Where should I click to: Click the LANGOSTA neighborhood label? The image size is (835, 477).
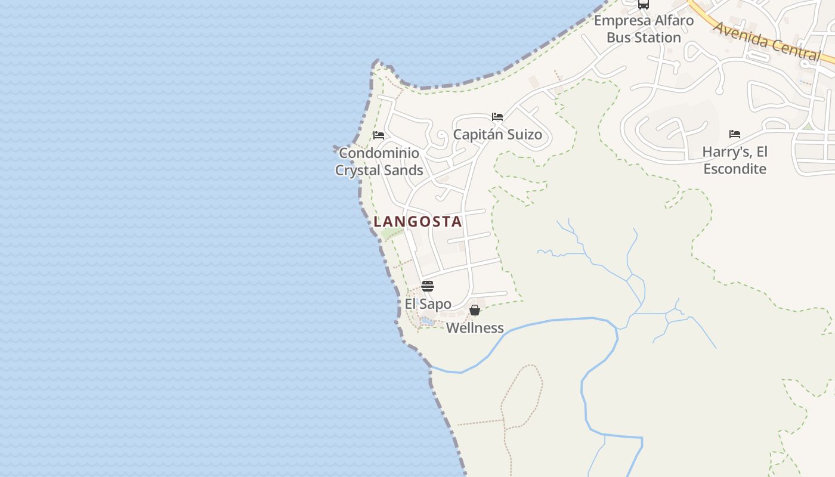pos(417,222)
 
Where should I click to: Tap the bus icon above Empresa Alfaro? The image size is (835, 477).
pos(643,4)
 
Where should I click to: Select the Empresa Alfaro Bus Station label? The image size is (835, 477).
pos(644,29)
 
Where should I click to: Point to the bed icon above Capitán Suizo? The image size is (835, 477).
pos(497,117)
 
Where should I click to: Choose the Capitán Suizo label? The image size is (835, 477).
pos(497,134)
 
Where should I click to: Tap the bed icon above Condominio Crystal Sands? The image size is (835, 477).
pos(378,135)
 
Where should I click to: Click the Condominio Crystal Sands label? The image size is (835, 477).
pos(379,162)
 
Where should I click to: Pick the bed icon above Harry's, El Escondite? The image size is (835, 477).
pos(734,134)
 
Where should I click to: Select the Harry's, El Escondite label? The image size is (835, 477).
pos(735,160)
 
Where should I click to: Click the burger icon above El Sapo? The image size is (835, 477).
pos(428,286)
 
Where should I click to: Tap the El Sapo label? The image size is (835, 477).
pos(428,304)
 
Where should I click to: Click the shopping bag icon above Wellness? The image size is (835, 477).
pos(475,310)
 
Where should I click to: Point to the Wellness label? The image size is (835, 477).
pos(475,328)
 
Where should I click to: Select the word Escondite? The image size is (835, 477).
pos(735,169)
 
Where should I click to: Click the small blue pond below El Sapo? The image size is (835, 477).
pos(427,321)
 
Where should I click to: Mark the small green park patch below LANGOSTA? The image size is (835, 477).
pos(392,233)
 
